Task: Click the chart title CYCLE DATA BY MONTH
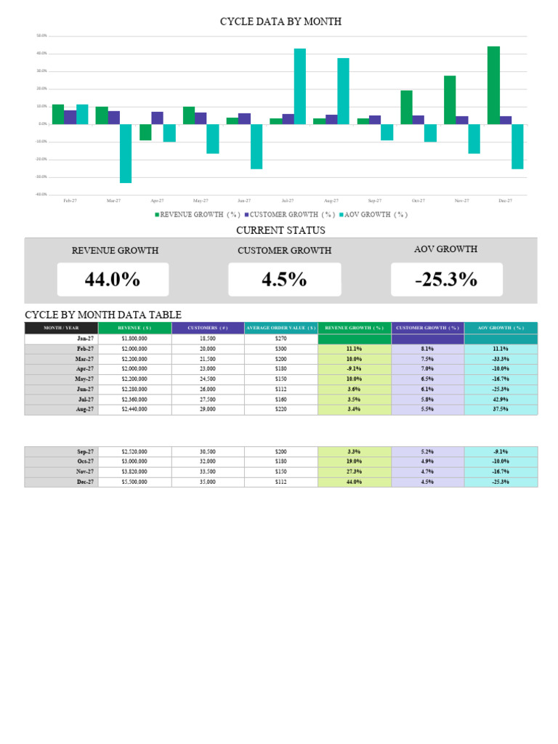tap(280, 22)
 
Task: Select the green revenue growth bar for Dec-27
tap(493, 85)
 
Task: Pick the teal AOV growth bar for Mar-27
tap(126, 153)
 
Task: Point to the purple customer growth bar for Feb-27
tap(70, 117)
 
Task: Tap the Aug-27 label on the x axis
tap(331, 201)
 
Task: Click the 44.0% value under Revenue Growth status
tap(113, 280)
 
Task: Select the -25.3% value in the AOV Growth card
tap(446, 280)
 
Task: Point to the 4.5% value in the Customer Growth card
tap(284, 280)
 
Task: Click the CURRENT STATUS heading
tap(280, 230)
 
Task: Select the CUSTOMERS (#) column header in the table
tap(208, 328)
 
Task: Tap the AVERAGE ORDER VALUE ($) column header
tap(281, 328)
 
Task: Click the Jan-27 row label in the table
tap(85, 339)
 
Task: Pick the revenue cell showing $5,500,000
tap(134, 482)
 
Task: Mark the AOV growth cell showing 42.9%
tap(501, 399)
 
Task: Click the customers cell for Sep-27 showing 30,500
tap(208, 451)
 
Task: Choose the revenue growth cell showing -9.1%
tap(355, 368)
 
